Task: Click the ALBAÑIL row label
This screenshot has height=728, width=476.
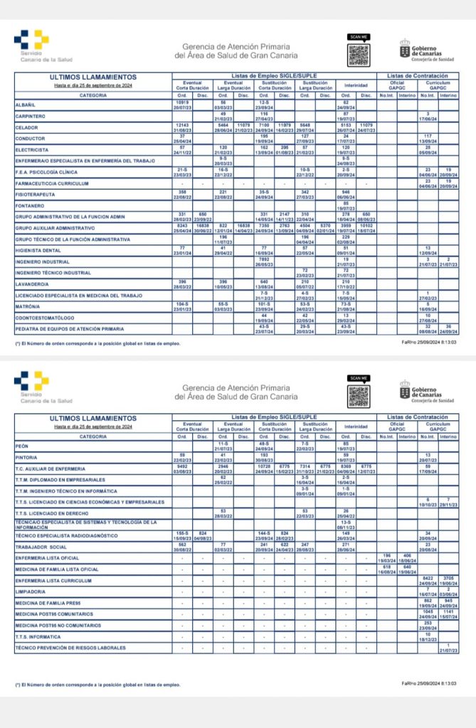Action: coord(26,105)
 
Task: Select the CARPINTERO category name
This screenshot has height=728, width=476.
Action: coord(31,115)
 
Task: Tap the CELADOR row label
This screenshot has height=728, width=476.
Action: coord(27,127)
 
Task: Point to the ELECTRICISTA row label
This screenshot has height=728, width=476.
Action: coord(32,150)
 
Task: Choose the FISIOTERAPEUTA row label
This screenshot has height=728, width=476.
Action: coord(35,195)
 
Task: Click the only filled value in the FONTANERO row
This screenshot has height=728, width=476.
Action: coord(346,205)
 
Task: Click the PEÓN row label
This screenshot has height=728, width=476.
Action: coord(22,446)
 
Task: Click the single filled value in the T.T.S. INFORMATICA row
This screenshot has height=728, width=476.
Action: coord(428,636)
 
